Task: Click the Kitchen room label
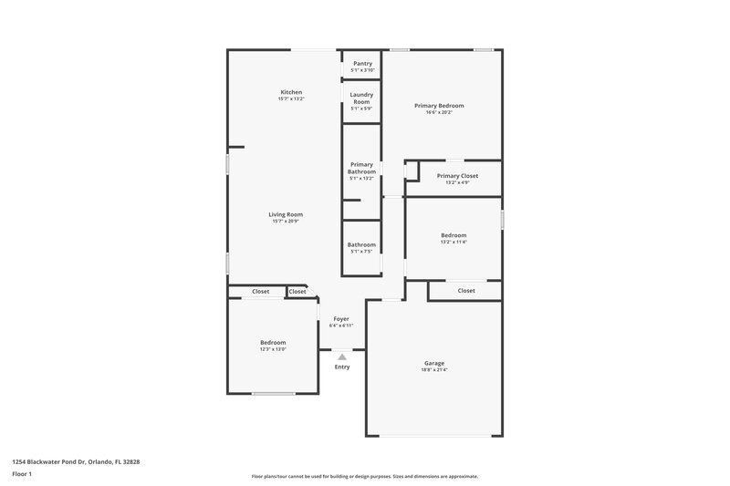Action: point(291,92)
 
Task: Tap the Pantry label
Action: point(362,63)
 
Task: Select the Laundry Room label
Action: point(362,98)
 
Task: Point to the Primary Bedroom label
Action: point(439,106)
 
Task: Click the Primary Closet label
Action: point(457,176)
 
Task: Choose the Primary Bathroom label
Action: point(361,168)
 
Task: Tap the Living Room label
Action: point(287,214)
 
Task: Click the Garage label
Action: point(434,363)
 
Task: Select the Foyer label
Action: point(341,319)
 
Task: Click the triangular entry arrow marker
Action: point(341,357)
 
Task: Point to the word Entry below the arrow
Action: point(341,367)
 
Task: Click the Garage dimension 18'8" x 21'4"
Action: point(434,370)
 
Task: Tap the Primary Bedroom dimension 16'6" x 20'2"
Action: point(439,113)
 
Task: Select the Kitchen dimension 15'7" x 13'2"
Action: point(291,98)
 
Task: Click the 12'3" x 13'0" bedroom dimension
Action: point(273,349)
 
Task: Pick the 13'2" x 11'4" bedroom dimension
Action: point(454,242)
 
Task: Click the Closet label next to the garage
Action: point(466,291)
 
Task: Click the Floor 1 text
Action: point(23,474)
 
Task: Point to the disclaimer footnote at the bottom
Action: point(365,476)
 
